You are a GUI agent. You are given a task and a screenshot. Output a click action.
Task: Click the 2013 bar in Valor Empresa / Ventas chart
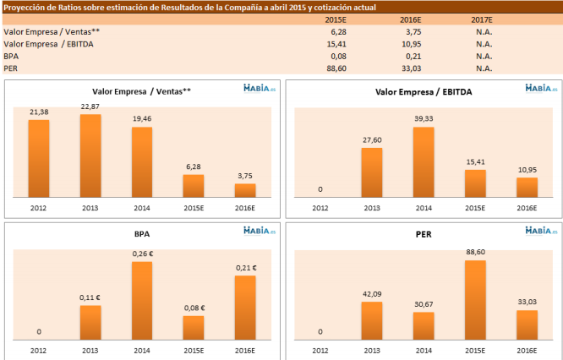pyautogui.click(x=90, y=155)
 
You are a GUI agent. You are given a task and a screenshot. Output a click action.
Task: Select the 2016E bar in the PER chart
pyautogui.click(x=527, y=324)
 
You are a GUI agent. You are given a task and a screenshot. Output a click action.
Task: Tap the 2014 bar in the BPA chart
pyautogui.click(x=142, y=299)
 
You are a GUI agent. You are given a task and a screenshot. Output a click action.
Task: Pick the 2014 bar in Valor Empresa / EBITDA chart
pyautogui.click(x=424, y=162)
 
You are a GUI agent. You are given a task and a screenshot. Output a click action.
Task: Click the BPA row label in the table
pyautogui.click(x=12, y=56)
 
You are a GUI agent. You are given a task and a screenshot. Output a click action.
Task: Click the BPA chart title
pyautogui.click(x=141, y=232)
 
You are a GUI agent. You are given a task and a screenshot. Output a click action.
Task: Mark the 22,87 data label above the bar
pyautogui.click(x=90, y=106)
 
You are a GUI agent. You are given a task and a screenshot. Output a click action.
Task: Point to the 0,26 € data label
pyautogui.click(x=142, y=254)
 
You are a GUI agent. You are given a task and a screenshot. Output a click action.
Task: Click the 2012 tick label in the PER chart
pyautogui.click(x=320, y=349)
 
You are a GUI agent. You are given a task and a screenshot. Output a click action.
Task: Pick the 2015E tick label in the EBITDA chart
pyautogui.click(x=475, y=206)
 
